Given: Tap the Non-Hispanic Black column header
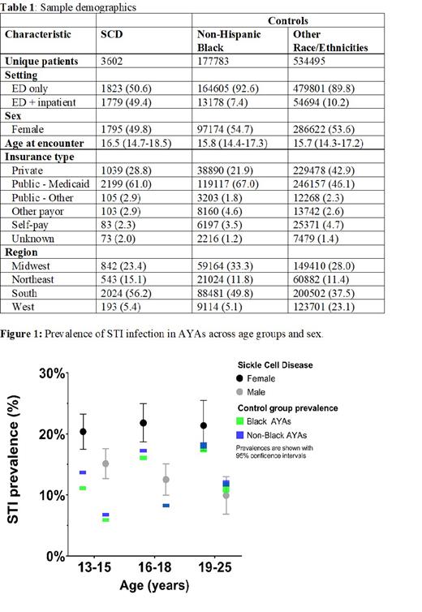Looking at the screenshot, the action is pyautogui.click(x=223, y=41).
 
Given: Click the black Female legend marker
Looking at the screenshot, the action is pyautogui.click(x=239, y=377).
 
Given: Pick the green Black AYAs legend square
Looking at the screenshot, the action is pyautogui.click(x=239, y=420).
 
